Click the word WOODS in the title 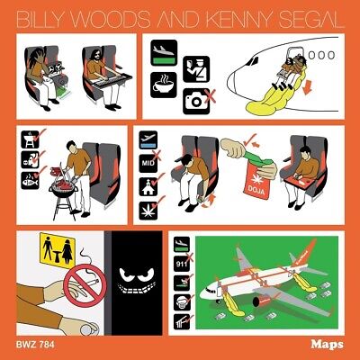110,19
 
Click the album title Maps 327,345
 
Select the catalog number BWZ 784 35,345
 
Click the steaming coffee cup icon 164,85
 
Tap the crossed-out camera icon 198,101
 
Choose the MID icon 148,163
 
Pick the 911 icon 182,264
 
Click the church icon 148,186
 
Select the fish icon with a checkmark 30,181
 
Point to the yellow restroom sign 58,251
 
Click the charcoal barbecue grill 64,192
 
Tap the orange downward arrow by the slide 308,86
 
